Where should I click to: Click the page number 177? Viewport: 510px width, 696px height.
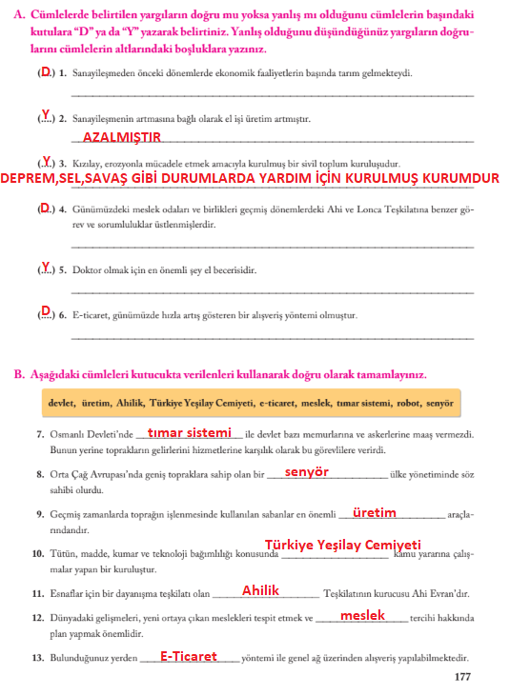pos(462,677)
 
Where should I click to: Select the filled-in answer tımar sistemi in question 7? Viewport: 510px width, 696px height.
pos(190,432)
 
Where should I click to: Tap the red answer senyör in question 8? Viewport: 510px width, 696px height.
pos(306,471)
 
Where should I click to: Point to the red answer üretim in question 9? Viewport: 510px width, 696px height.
pos(374,512)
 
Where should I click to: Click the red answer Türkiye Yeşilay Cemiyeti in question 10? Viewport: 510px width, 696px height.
pos(342,544)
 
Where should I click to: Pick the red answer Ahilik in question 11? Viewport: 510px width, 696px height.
pos(260,591)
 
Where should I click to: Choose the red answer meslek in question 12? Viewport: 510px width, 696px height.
pos(362,615)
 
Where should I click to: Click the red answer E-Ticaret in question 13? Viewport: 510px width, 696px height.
pos(189,656)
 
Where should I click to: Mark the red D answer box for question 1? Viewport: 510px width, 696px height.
pos(45,71)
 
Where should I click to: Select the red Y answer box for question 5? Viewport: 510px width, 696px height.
pos(45,268)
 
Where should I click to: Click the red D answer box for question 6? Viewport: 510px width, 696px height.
pos(45,310)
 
